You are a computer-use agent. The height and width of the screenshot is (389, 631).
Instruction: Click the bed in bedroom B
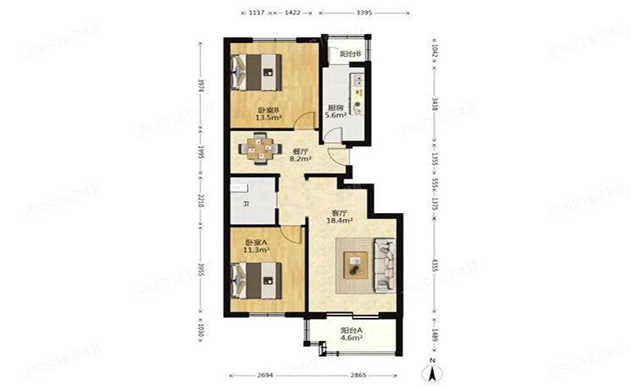pos(257,71)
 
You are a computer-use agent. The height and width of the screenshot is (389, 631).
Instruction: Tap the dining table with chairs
pos(259,149)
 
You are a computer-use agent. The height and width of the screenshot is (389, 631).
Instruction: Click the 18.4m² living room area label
pos(340,221)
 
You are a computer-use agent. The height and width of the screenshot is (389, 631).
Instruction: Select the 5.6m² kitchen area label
pos(335,118)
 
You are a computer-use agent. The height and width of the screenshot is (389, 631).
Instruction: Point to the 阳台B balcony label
pos(350,54)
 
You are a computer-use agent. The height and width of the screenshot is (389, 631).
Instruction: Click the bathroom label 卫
pos(245,204)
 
